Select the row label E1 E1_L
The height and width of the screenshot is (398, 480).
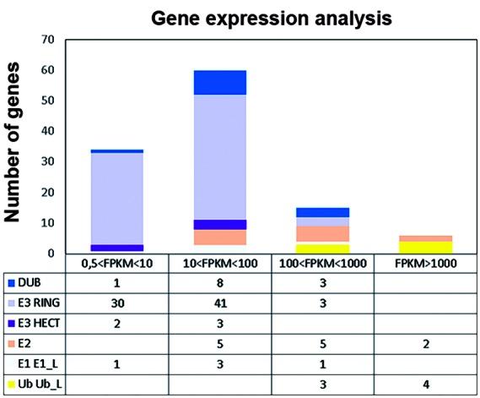(x=43, y=363)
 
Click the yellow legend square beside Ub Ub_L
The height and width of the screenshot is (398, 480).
(x=10, y=384)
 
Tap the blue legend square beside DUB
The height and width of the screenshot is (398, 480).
(x=10, y=282)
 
